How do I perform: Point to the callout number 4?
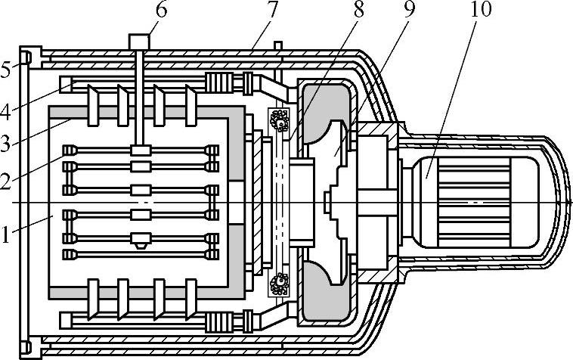pos(8,113)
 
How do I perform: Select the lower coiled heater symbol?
pos(280,285)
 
